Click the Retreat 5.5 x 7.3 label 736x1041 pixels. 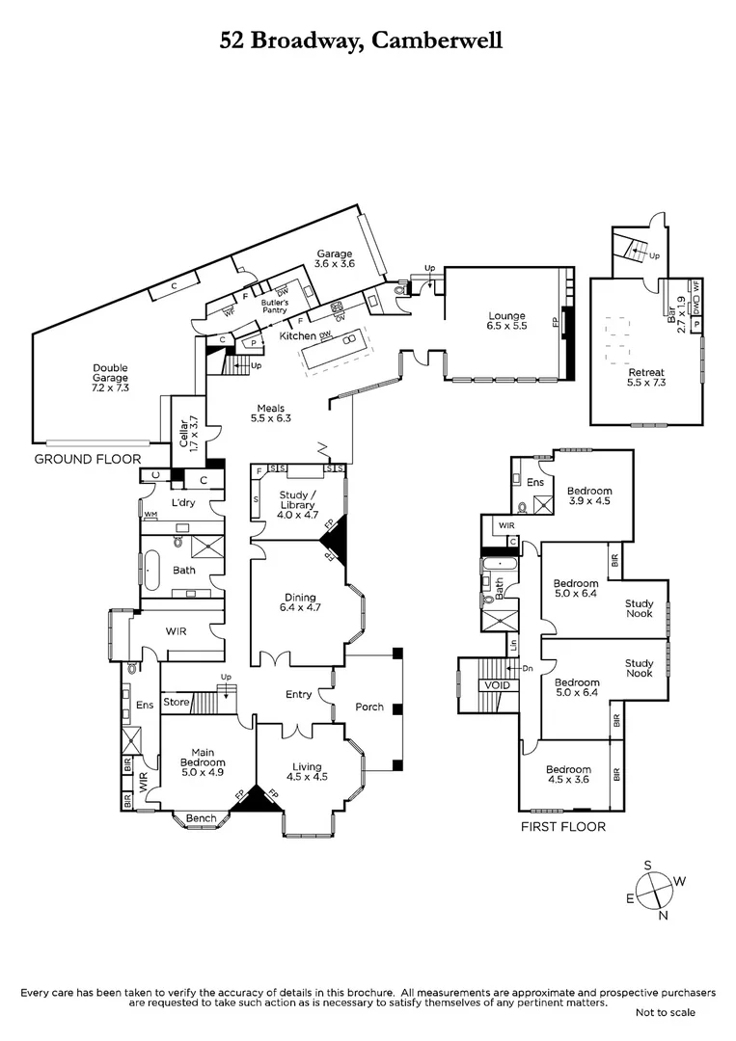[x=646, y=377]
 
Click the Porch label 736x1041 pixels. [x=368, y=707]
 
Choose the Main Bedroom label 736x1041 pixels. [x=203, y=762]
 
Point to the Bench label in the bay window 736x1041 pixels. [x=201, y=818]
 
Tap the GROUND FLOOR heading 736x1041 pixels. [x=87, y=459]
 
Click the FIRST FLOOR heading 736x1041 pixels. [x=562, y=826]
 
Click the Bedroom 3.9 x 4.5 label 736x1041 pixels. [x=588, y=495]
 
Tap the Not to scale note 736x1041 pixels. [x=665, y=1012]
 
